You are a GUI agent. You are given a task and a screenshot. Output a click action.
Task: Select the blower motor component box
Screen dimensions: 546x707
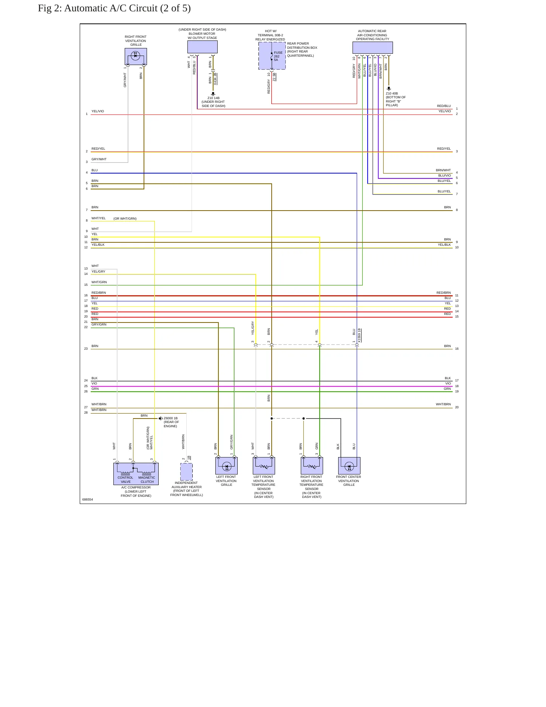[x=203, y=47]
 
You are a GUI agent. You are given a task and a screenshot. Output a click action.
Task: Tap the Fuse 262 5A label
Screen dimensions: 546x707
[x=278, y=56]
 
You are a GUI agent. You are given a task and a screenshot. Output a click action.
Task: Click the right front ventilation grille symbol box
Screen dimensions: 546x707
[x=136, y=56]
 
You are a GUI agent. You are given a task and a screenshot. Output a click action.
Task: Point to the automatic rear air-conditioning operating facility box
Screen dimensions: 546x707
[x=373, y=48]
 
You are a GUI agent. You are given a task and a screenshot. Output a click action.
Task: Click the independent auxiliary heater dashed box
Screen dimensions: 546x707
[x=186, y=472]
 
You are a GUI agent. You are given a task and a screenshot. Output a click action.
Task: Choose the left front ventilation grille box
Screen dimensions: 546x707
[x=226, y=466]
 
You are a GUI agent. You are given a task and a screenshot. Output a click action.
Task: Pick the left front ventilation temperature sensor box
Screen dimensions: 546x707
[x=264, y=466]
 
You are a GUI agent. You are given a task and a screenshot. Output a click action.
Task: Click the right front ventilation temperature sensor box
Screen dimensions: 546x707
[x=312, y=466]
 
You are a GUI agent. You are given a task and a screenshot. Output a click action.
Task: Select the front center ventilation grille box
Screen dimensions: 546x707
[x=349, y=466]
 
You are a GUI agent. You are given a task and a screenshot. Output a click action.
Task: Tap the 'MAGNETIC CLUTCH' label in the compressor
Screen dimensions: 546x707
[x=147, y=479]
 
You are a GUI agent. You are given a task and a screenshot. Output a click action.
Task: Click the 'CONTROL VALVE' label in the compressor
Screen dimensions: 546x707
[x=125, y=479]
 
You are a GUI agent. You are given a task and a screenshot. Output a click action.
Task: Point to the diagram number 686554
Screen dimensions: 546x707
[x=88, y=499]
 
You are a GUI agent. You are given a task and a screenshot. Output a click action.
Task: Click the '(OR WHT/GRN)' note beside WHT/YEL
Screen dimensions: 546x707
[x=125, y=219]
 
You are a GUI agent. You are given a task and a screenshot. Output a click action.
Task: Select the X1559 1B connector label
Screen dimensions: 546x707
[x=359, y=335]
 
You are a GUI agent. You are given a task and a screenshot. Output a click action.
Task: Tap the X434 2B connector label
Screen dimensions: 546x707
[x=215, y=79]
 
